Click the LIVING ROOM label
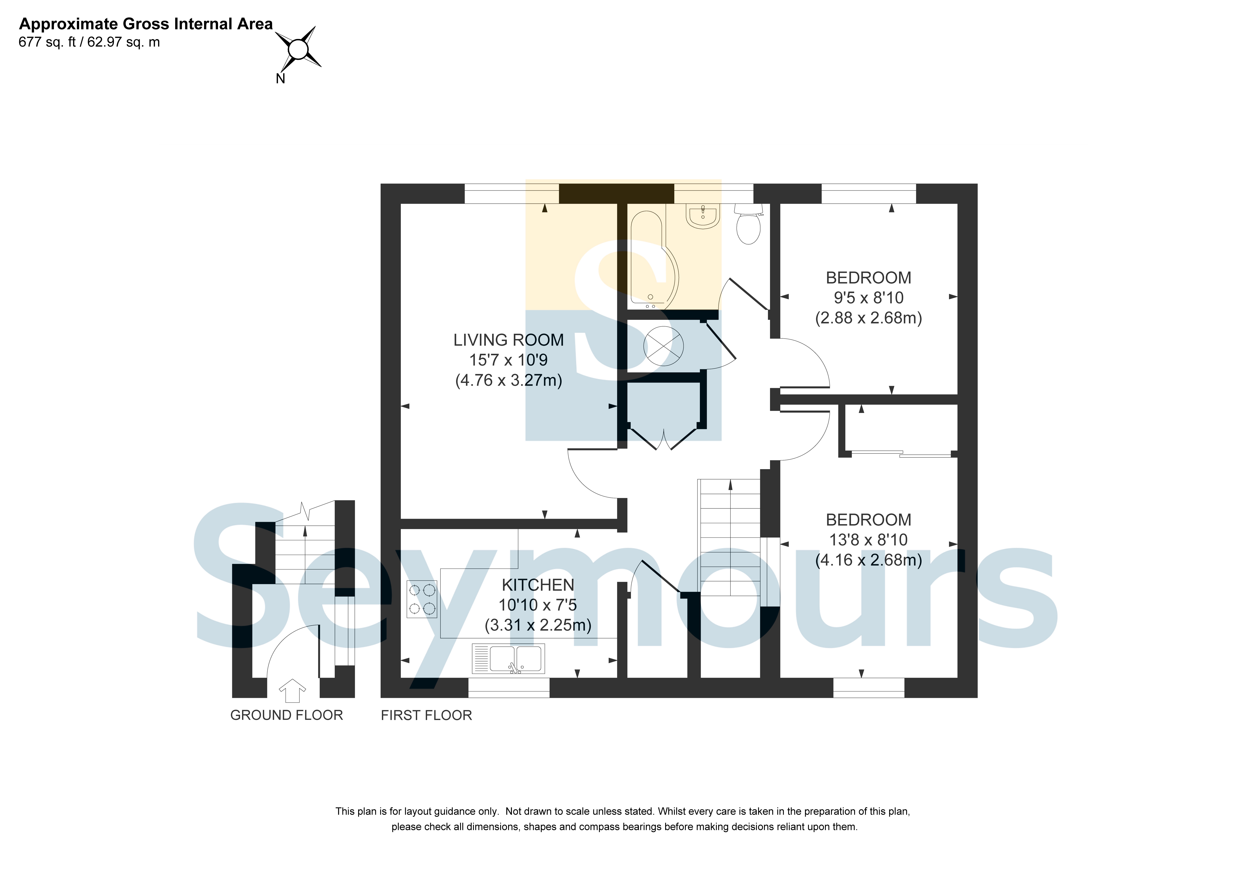(508, 340)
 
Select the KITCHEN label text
(538, 585)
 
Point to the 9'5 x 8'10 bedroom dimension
(868, 298)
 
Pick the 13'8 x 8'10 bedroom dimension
(868, 540)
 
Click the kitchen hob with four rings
(422, 599)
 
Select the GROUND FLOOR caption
(287, 715)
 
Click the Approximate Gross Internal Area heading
(146, 24)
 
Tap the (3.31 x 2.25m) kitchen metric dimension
(538, 625)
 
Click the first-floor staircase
(729, 537)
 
